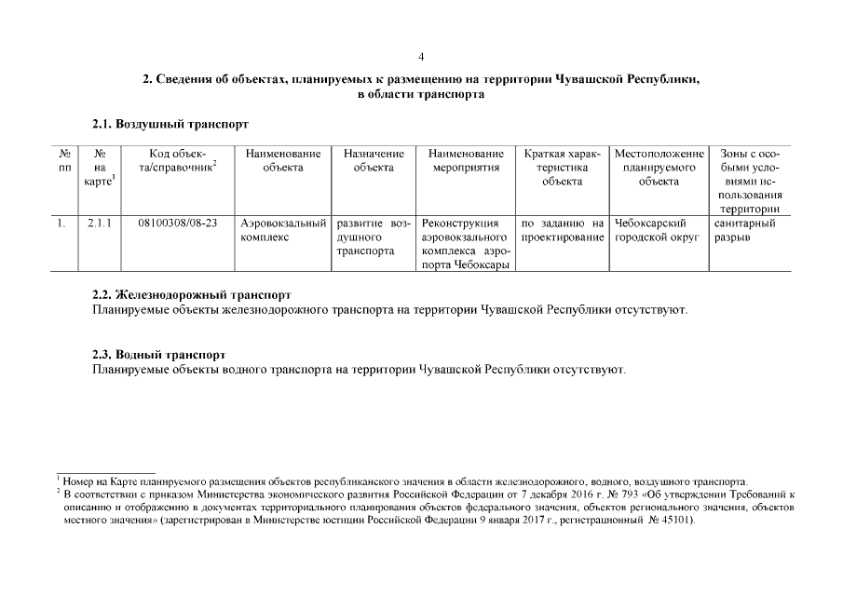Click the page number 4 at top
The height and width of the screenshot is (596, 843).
pos(421,57)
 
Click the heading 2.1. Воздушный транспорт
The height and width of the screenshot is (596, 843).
pos(170,123)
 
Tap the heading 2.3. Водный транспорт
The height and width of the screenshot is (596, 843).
pos(157,355)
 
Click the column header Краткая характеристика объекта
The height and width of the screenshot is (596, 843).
pos(562,167)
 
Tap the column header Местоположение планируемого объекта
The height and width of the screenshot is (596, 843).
pos(658,167)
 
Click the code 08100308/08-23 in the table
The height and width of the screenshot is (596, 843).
pos(177,223)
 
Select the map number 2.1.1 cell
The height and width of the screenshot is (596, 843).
pos(100,223)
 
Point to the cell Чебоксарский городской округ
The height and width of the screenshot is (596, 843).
pos(658,230)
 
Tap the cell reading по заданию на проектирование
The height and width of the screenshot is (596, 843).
pos(562,230)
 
